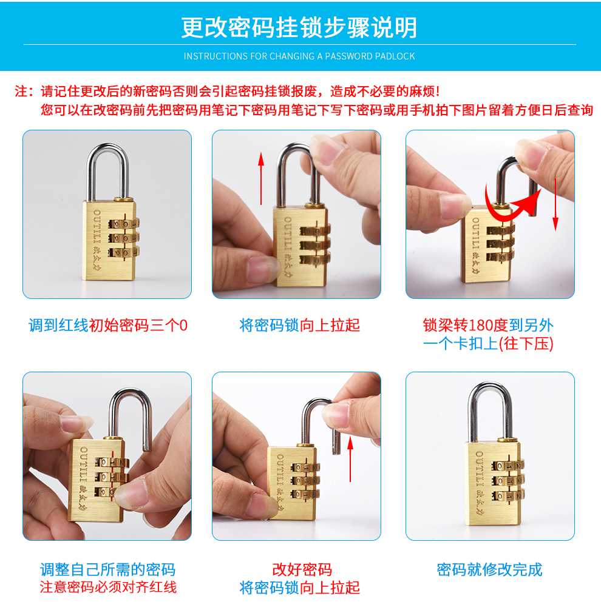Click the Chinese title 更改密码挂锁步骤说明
(x=299, y=27)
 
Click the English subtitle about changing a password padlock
(x=299, y=56)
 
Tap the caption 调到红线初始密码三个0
(x=108, y=326)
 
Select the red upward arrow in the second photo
(x=261, y=178)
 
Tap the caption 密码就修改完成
(x=489, y=570)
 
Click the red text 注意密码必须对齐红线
(x=108, y=588)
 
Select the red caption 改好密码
(x=302, y=570)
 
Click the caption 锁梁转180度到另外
(x=489, y=326)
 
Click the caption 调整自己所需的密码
(x=108, y=570)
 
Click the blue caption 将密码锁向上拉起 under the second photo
(x=300, y=326)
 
